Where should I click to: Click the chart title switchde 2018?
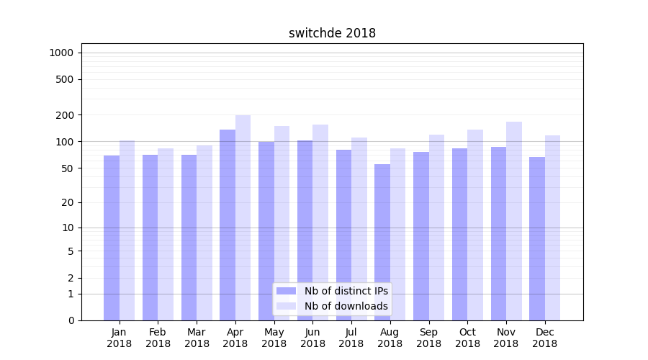(x=332, y=33)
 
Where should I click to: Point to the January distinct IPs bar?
(x=112, y=238)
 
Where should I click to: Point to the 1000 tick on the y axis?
(x=61, y=53)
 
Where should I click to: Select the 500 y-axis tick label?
(x=65, y=79)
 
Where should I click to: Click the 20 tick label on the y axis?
(x=68, y=202)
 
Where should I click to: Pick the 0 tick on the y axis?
(x=71, y=320)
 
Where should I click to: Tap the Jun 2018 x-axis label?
(x=312, y=338)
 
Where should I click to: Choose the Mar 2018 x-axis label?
(x=197, y=338)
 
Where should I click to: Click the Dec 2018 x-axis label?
(x=544, y=338)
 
